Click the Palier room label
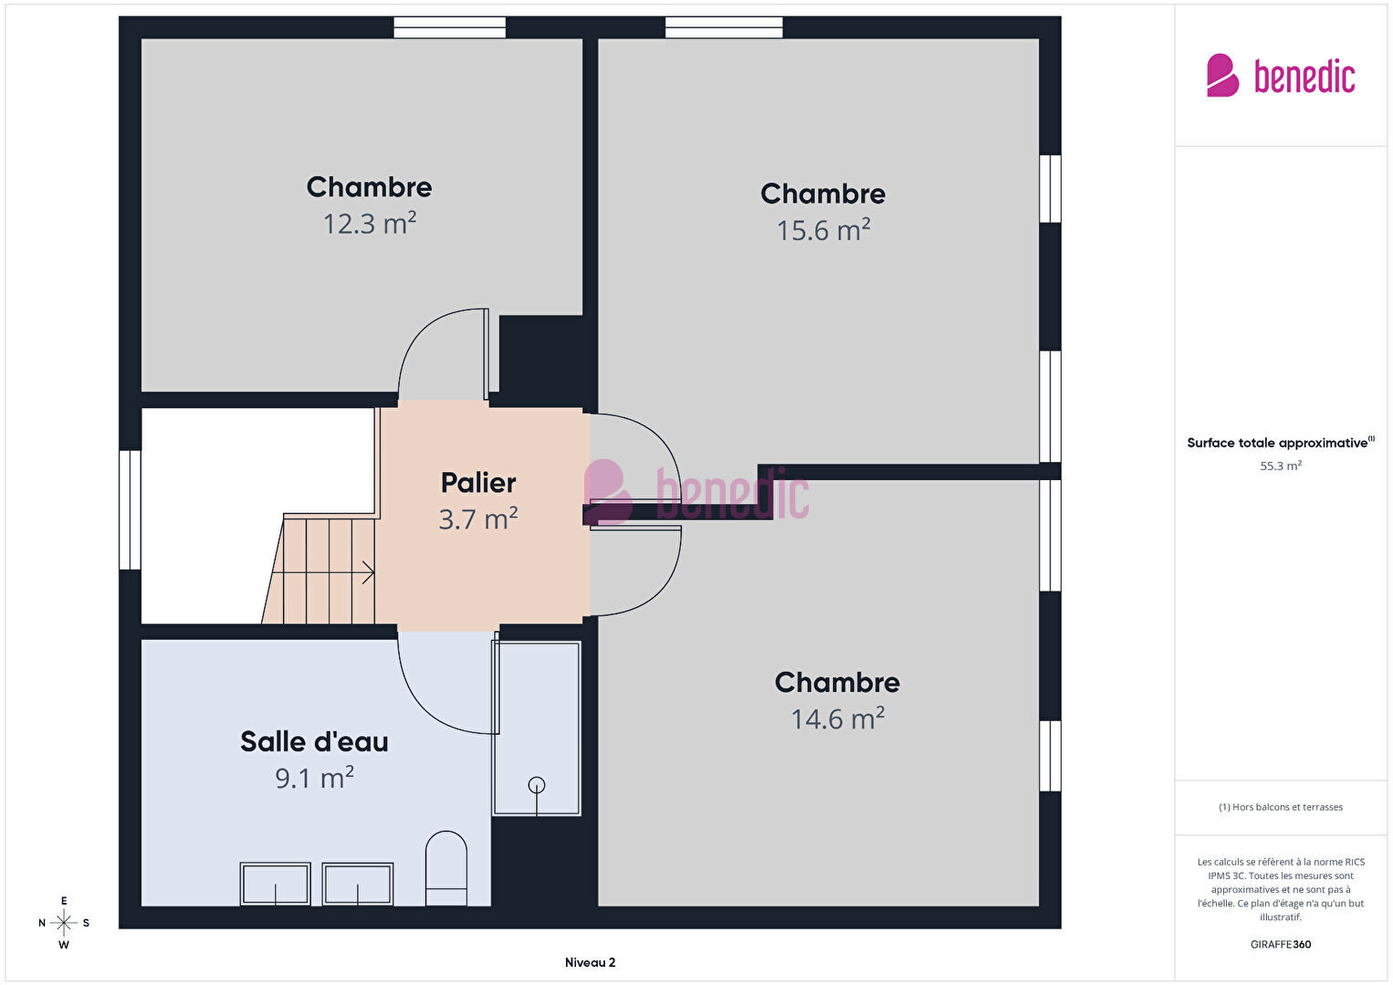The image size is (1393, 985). coord(478,483)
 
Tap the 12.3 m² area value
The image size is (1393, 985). coord(370,224)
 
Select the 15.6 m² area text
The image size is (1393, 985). coord(823,230)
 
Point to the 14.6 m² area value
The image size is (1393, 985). coord(838,718)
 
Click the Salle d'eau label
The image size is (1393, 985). coord(315,742)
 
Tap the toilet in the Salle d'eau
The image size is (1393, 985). coord(445,868)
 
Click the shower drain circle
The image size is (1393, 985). coord(537,785)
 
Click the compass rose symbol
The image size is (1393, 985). coord(63,923)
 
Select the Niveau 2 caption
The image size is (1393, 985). coord(591,962)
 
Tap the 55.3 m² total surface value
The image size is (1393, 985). coord(1281,466)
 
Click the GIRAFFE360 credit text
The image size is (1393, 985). coord(1281,945)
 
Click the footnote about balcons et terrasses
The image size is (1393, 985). coord(1281,807)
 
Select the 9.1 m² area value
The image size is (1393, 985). coord(315,778)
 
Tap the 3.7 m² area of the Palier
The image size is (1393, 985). coord(478,519)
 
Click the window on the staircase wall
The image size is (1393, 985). coord(130,510)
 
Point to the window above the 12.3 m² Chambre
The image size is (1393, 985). coord(450,27)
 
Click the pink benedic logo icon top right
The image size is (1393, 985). coord(1222,75)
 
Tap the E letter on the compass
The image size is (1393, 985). coord(63,901)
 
